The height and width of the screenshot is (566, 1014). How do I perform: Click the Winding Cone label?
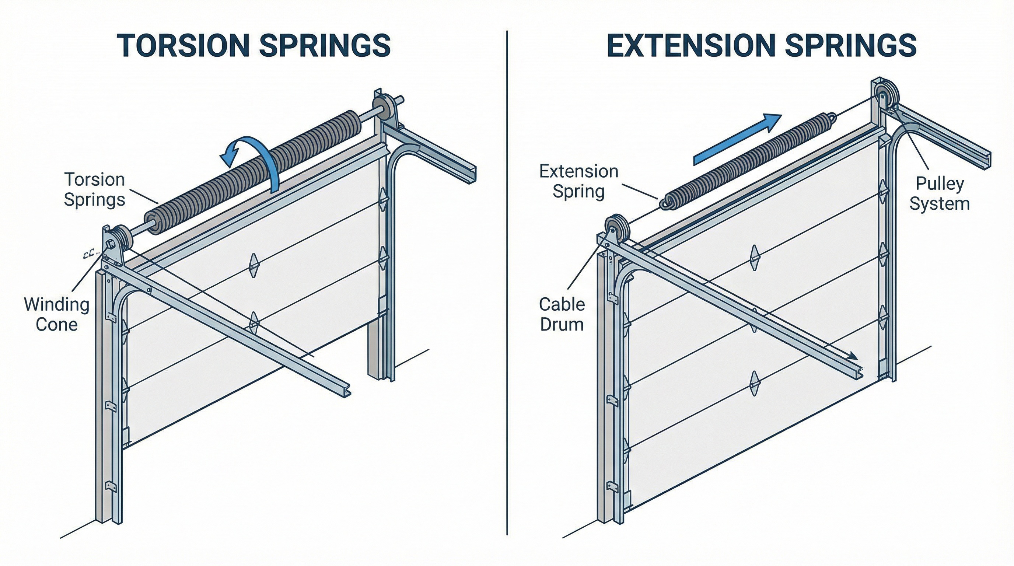57,314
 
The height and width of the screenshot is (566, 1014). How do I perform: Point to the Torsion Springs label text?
94,189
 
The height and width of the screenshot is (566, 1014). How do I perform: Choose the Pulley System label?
939,194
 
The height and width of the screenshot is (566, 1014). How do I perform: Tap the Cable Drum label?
562,314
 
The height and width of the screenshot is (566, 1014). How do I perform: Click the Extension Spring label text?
578,181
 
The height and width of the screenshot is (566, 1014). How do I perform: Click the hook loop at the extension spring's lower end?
665,204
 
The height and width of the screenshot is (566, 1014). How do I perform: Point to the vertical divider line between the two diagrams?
507,283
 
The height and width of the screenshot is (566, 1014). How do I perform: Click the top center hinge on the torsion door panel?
254,265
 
